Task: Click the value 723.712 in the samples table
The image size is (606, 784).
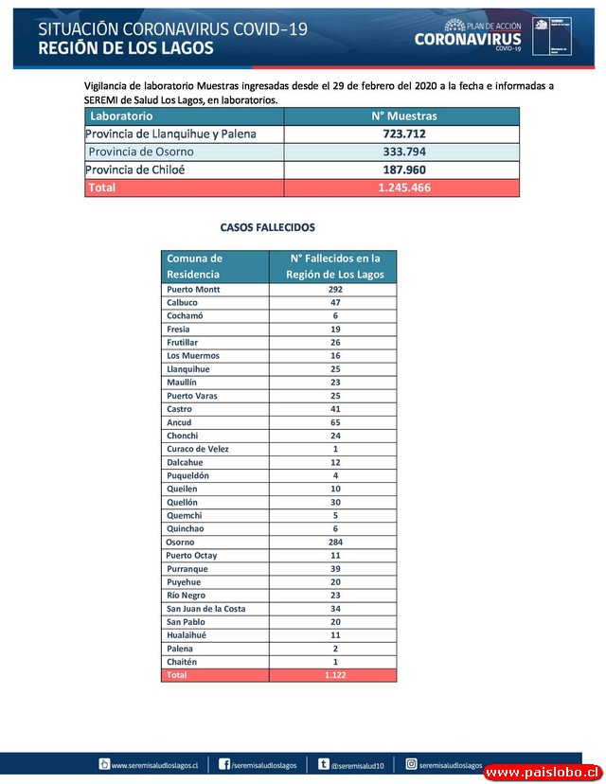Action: pos(404,134)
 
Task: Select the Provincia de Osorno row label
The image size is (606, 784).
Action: pos(141,151)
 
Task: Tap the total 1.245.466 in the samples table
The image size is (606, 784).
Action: pos(404,187)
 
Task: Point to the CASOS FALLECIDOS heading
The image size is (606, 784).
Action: pos(268,228)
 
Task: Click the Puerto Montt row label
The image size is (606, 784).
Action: pos(193,289)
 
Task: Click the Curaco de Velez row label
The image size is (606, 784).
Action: pos(197,449)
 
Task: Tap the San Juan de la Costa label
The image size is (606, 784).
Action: pos(205,609)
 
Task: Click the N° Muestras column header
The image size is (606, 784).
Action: pos(404,116)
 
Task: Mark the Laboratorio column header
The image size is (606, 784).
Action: pos(120,116)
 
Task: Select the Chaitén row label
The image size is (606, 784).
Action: pos(182,662)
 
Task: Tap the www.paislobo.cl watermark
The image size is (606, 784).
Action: pos(543,773)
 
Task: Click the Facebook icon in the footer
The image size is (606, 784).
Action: pos(224,764)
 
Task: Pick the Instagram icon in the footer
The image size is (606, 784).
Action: pos(412,764)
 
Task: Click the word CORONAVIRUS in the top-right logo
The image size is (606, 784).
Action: pos(468,40)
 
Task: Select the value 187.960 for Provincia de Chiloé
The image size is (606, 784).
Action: pos(404,169)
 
